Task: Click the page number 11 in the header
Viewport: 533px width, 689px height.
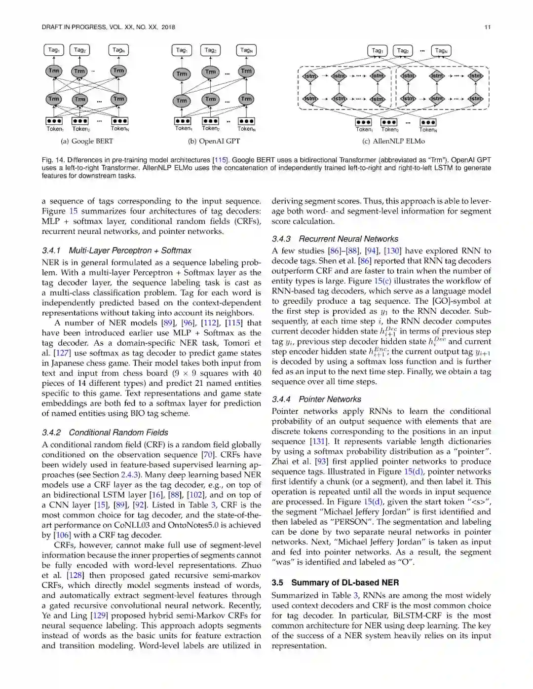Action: tap(488, 27)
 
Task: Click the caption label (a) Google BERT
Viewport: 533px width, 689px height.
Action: tap(87, 141)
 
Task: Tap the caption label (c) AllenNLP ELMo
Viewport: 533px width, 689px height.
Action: tap(393, 141)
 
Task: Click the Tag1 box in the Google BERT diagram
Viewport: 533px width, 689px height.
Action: tap(54, 50)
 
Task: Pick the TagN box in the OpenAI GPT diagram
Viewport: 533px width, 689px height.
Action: tap(246, 50)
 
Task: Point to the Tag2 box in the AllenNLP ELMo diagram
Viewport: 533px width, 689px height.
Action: tap(403, 50)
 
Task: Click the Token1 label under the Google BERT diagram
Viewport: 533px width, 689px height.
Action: tap(55, 129)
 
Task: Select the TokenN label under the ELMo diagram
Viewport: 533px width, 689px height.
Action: tap(428, 130)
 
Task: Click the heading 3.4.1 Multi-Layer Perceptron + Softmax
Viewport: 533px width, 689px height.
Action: tap(116, 251)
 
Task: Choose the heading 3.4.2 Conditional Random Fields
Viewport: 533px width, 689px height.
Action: tap(105, 433)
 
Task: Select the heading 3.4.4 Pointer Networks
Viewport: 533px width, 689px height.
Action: tap(316, 399)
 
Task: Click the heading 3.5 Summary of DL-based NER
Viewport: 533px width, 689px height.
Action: tap(335, 582)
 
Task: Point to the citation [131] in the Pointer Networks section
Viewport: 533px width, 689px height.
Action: tap(318, 441)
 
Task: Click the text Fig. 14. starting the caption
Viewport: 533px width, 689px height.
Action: tap(53, 160)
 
